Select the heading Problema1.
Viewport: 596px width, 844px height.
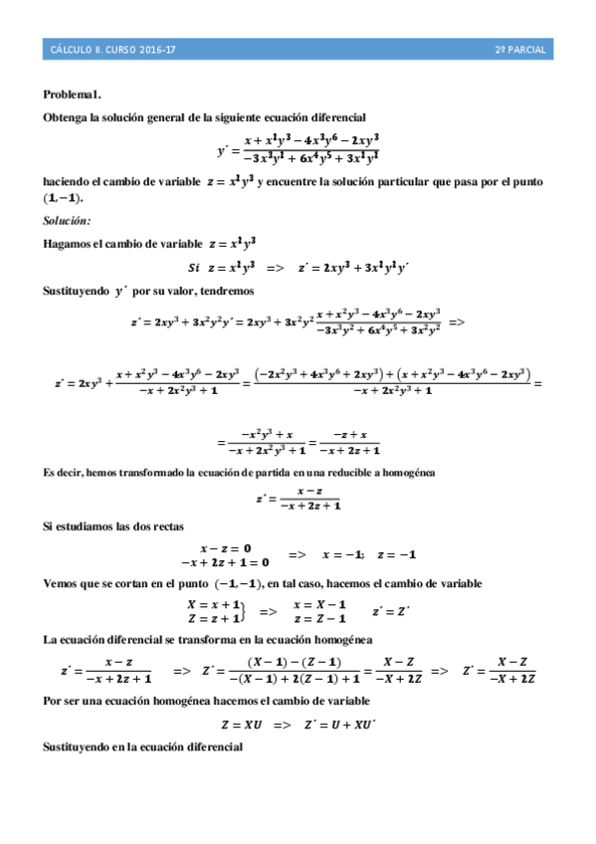tap(73, 95)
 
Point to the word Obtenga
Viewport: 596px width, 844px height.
tap(66, 117)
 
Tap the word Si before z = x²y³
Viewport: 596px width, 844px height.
tap(194, 267)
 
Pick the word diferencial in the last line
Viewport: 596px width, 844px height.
tap(215, 746)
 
